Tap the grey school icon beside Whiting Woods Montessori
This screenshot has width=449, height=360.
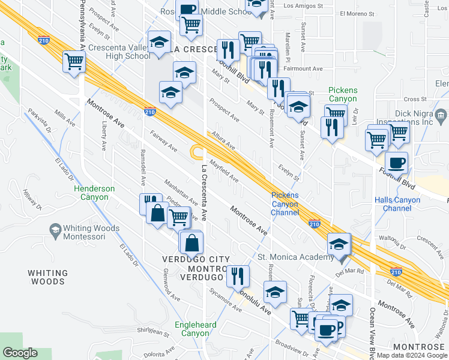tap(55, 230)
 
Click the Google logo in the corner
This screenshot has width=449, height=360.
tap(20, 353)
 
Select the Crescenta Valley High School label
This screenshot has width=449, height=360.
tap(119, 52)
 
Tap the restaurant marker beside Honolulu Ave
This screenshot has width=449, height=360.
tap(239, 275)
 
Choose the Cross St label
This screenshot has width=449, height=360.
tap(414, 99)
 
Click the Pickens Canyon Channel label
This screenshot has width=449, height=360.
tap(285, 203)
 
